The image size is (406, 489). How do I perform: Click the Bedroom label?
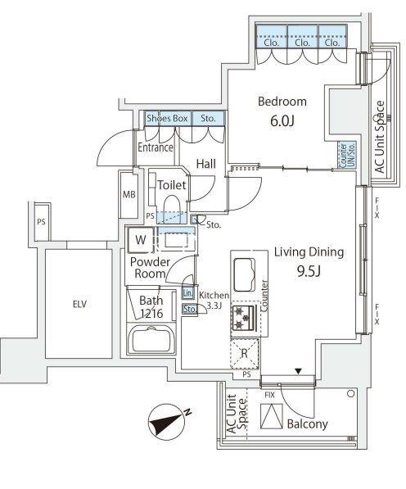point(282,102)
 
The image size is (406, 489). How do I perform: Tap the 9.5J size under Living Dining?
point(309,272)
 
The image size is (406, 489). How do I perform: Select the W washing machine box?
point(141,240)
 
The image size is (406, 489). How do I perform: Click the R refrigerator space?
point(244,354)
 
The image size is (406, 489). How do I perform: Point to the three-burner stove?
point(243,318)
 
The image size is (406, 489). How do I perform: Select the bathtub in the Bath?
point(151,339)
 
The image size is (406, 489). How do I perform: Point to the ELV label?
point(79,304)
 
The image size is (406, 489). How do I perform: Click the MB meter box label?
point(129,195)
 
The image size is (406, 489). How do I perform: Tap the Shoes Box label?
point(167,119)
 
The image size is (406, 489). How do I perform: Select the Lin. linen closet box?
point(188,293)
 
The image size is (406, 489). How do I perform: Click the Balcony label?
point(307,423)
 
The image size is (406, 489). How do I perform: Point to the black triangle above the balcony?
point(299,371)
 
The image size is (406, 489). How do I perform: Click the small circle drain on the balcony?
point(351,393)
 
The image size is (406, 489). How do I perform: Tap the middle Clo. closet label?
point(302,43)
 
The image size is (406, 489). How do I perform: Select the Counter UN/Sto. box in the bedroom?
point(347,156)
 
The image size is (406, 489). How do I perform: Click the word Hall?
point(206,164)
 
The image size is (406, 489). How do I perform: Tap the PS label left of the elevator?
point(41,222)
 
